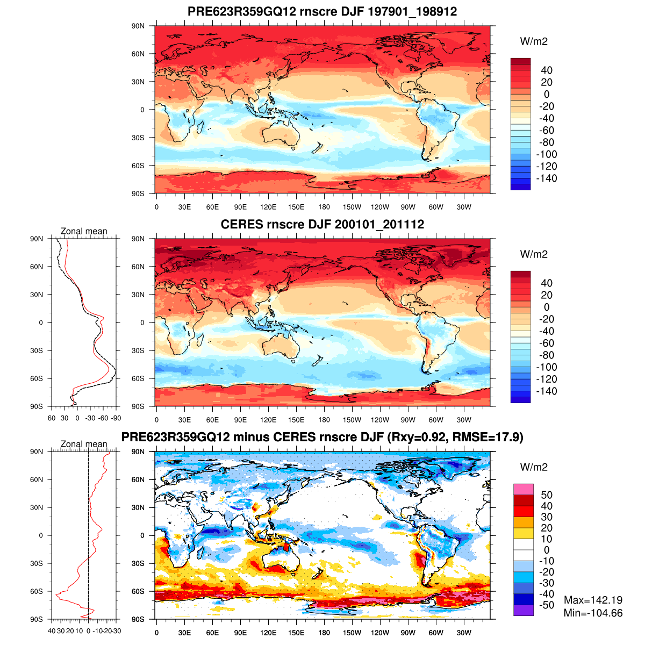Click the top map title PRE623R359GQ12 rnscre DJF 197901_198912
(322, 12)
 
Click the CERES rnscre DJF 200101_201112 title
(322, 225)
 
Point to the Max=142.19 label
(593, 600)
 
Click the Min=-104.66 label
(593, 613)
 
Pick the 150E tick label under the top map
(296, 207)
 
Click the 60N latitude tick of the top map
(138, 54)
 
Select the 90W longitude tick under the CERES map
(408, 420)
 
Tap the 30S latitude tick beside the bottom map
(138, 563)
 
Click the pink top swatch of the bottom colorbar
(524, 489)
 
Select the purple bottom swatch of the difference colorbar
(524, 611)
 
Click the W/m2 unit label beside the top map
(534, 42)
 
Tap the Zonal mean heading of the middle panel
(84, 232)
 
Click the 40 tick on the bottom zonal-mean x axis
(52, 631)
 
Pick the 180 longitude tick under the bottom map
(324, 633)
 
